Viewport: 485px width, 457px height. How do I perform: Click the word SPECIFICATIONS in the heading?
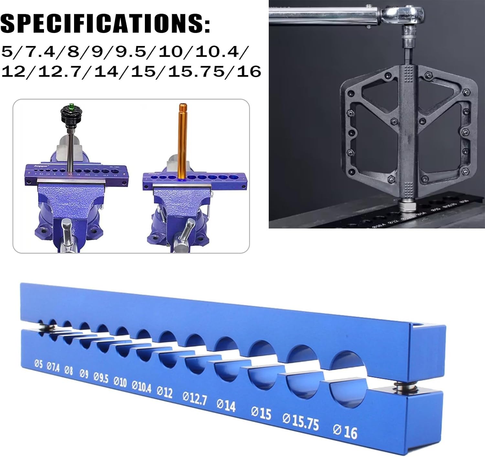(105, 23)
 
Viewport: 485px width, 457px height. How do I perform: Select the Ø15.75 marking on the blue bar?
(301, 421)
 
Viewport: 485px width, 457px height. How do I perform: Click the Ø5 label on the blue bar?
(38, 364)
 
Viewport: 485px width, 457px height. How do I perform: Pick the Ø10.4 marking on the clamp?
(141, 386)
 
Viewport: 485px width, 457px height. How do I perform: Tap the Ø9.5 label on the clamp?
(101, 378)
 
